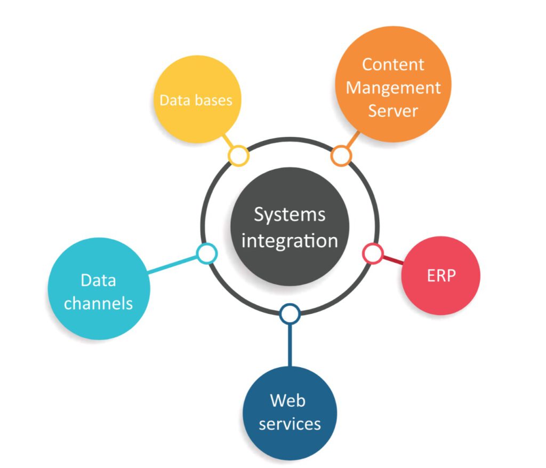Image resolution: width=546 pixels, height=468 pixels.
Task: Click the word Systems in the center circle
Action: [290, 215]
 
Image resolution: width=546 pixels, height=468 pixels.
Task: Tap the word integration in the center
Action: [290, 241]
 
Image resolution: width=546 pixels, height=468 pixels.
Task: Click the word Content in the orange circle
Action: [393, 65]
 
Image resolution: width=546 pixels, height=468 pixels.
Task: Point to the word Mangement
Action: [394, 88]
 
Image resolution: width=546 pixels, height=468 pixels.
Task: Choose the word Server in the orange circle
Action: [394, 110]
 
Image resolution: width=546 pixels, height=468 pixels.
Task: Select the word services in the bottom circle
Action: [290, 424]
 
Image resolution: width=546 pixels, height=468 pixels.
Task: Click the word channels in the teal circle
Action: [98, 303]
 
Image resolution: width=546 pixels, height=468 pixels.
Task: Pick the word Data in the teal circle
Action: [98, 280]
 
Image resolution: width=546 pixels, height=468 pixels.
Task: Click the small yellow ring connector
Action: [238, 156]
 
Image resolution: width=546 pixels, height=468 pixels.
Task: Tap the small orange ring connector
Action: [341, 156]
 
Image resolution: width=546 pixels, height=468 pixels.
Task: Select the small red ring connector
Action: [373, 253]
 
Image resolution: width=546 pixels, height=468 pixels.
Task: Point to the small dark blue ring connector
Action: [290, 314]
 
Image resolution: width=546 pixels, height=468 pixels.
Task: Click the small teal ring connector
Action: [206, 253]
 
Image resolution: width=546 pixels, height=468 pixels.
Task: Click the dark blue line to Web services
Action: [290, 344]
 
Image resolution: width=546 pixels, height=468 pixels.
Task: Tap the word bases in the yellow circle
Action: [215, 100]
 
